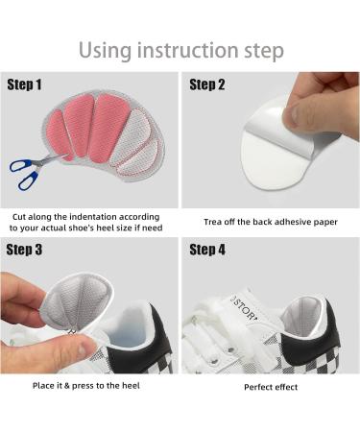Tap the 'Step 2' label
[x=208, y=85]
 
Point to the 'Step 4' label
[x=208, y=252]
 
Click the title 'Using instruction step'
[x=180, y=48]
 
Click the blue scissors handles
[x=23, y=170]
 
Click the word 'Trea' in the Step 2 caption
[x=214, y=222]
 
